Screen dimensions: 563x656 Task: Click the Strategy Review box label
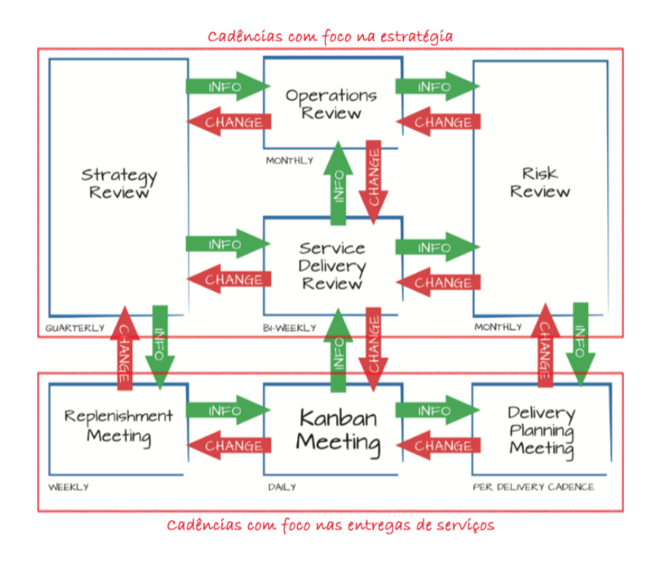(119, 184)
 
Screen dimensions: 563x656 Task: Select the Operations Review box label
(331, 104)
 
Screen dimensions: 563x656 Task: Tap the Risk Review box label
(539, 182)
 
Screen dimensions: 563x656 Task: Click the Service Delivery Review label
(332, 265)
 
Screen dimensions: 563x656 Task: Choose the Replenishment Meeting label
(119, 426)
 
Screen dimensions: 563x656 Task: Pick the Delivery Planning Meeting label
(541, 430)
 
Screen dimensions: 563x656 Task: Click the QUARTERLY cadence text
(75, 328)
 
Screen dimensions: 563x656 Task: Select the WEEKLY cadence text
(69, 486)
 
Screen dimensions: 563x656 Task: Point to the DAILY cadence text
(281, 486)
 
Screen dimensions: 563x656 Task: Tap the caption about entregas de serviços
(330, 525)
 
